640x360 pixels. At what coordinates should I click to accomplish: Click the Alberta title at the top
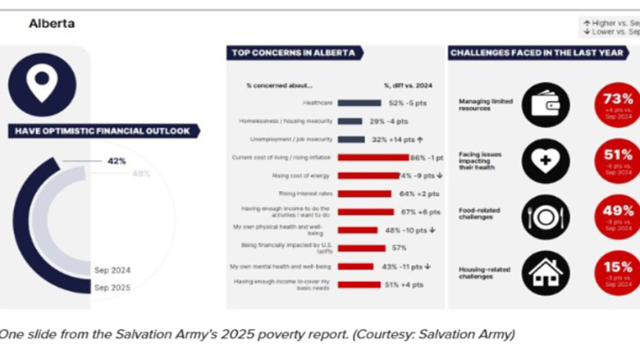[x=52, y=24]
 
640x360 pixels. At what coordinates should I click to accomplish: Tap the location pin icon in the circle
[x=42, y=84]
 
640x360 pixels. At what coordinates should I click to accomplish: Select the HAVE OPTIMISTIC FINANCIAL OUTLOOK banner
[x=102, y=130]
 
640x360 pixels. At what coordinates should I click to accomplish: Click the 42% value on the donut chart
[x=117, y=161]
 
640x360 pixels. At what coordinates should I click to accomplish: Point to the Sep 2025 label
[x=112, y=287]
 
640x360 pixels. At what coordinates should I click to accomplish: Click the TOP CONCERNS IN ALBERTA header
[x=293, y=53]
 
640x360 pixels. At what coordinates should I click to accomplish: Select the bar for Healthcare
[x=359, y=103]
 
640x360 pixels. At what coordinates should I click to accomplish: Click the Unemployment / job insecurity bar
[x=351, y=139]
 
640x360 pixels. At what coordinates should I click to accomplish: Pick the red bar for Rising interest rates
[x=364, y=194]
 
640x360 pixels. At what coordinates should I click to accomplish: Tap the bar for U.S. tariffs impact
[x=362, y=248]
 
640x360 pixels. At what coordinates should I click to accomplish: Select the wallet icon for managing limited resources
[x=546, y=105]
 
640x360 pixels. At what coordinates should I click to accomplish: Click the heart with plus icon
[x=546, y=160]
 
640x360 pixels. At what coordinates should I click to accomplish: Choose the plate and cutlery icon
[x=546, y=216]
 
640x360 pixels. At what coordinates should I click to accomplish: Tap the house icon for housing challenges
[x=546, y=272]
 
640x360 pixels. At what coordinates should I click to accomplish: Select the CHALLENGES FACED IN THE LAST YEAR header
[x=537, y=53]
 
